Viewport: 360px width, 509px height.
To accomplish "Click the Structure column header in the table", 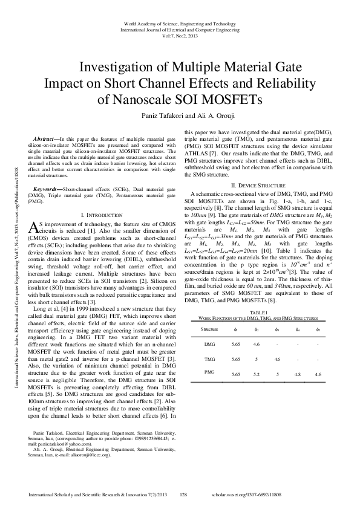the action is (x=209, y=329).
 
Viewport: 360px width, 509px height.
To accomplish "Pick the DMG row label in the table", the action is (x=210, y=344).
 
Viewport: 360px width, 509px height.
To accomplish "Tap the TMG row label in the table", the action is (x=210, y=358).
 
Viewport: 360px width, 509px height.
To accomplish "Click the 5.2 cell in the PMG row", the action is (x=257, y=375).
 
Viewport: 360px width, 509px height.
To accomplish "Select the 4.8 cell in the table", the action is (x=297, y=375).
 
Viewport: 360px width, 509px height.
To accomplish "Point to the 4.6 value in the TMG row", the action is (x=277, y=358).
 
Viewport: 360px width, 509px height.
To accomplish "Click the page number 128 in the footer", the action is (x=184, y=494).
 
